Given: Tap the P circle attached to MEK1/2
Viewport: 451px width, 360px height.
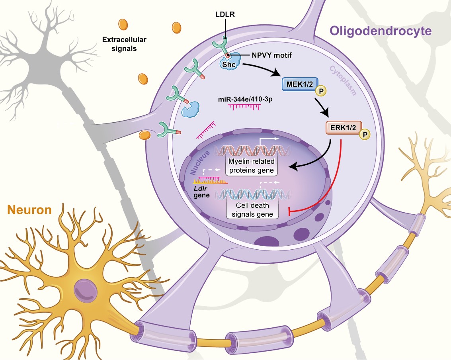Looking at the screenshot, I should [321, 92].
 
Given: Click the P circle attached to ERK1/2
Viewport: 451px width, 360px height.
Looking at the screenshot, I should [364, 135].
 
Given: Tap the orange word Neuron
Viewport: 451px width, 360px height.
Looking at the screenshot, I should [29, 210].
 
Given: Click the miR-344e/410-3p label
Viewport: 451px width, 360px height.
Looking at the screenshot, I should [245, 98].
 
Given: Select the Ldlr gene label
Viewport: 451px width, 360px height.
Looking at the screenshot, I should [202, 191].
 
